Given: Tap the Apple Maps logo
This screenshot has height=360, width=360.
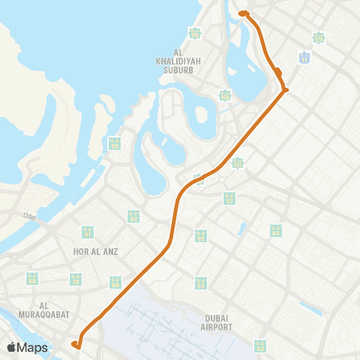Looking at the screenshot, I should click(27, 347).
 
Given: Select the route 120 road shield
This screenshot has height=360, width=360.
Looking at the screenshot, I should click(319, 37).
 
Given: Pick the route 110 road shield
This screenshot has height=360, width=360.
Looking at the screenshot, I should click(195, 33).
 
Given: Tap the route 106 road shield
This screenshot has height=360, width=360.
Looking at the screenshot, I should click(224, 95).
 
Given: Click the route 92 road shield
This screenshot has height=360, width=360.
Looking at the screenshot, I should click(115, 143).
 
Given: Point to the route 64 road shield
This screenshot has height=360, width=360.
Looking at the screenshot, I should click(200, 236).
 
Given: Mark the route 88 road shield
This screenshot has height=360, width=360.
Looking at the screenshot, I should click(32, 279).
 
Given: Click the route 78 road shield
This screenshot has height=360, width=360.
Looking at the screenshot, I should click(76, 279).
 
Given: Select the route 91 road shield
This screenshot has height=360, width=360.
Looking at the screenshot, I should click(88, 232).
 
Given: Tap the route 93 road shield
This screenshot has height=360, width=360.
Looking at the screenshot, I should click(200, 283).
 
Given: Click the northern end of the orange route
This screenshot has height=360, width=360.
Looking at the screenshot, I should click(242, 13).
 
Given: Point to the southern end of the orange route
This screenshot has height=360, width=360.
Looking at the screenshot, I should click(75, 344).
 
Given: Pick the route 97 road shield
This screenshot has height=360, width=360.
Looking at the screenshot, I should click(229, 198).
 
